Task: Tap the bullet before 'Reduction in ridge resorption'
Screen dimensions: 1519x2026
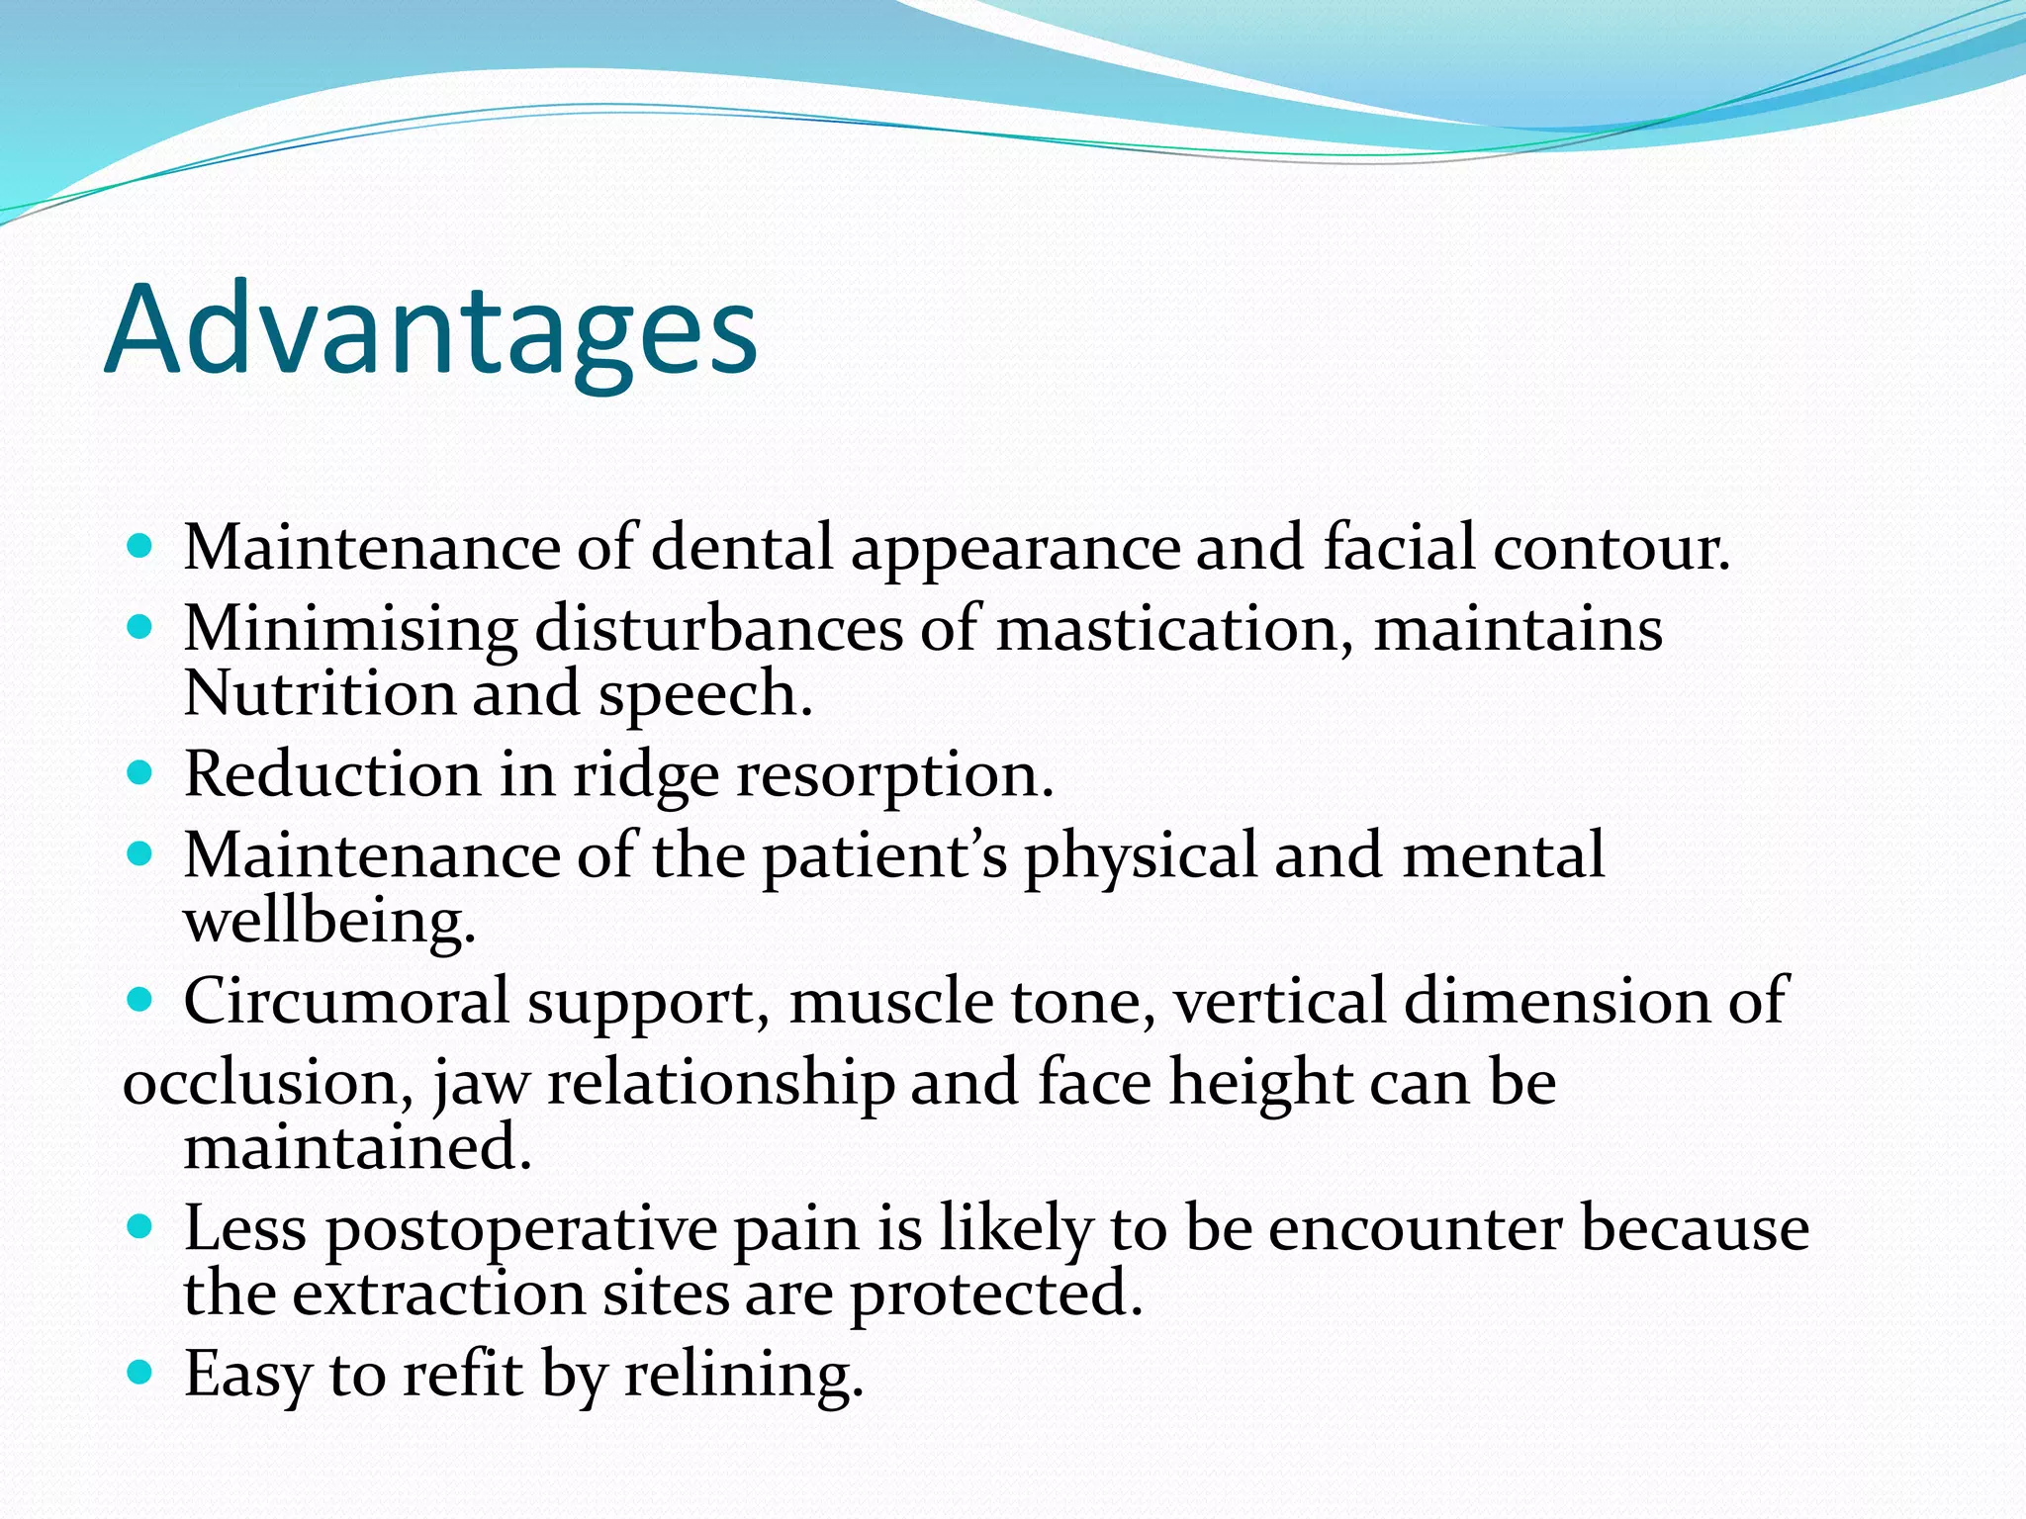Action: click(141, 772)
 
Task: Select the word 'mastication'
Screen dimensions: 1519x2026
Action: click(1165, 630)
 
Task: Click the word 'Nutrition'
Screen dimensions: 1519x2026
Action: click(319, 693)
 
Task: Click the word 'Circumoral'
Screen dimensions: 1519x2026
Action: click(345, 1001)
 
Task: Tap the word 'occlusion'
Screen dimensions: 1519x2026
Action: click(259, 1083)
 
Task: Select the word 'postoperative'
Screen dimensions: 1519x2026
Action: click(521, 1230)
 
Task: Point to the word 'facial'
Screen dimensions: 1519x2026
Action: click(1399, 547)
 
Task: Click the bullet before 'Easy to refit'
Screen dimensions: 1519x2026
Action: click(141, 1373)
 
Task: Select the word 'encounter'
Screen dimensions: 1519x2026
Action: click(1417, 1228)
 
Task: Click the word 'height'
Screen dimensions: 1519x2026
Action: click(1260, 1083)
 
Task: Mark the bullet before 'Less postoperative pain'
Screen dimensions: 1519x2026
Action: click(141, 1227)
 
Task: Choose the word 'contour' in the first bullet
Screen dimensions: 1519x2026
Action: click(1608, 548)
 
